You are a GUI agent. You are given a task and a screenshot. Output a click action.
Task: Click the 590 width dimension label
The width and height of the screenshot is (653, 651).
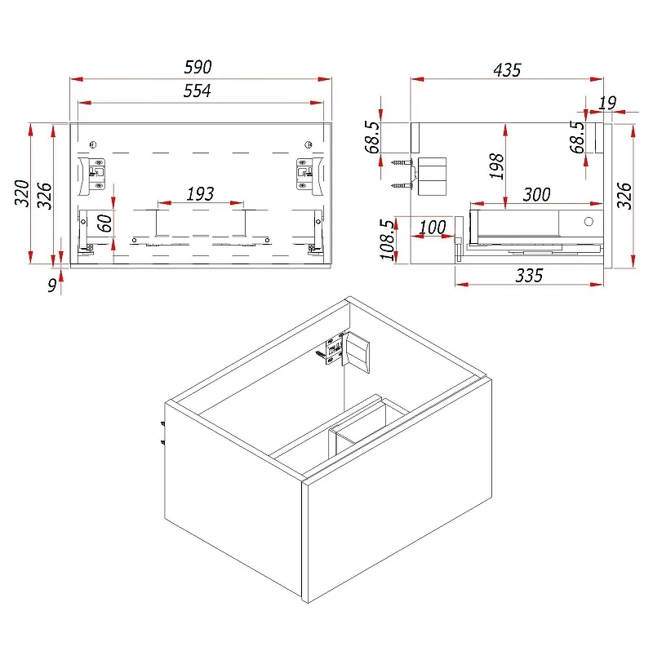[198, 67]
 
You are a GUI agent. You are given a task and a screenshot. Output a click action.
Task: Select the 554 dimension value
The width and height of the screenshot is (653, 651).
[198, 91]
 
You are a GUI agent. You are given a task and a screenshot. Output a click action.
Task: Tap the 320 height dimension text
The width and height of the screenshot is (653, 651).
[22, 193]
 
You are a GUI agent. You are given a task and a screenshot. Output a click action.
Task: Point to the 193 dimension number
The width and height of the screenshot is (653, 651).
[200, 194]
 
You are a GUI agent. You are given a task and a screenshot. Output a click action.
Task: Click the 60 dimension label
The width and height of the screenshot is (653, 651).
[104, 223]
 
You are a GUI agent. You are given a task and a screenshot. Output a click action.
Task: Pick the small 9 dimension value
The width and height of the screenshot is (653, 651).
[52, 286]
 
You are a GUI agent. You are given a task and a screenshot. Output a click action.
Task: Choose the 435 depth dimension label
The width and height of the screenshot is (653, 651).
[507, 70]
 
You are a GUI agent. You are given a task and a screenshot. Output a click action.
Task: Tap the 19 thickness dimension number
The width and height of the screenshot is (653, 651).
[607, 103]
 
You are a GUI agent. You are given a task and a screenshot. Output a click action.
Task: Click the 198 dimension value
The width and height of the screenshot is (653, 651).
[496, 166]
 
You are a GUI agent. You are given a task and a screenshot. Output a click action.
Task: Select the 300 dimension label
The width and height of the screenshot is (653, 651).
[537, 194]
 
